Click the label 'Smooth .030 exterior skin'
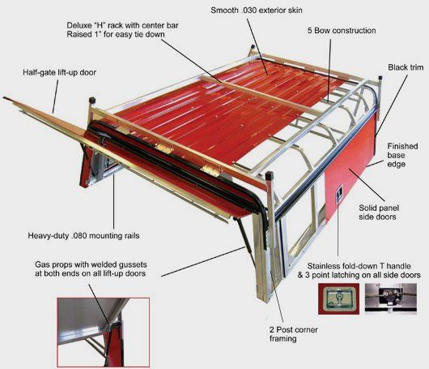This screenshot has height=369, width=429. (x=257, y=11)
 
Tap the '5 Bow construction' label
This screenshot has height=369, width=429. (x=342, y=31)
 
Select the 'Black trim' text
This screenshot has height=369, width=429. (x=406, y=67)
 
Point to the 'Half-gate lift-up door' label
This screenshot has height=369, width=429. (x=59, y=73)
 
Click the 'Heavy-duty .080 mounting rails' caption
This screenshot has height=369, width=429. (x=83, y=235)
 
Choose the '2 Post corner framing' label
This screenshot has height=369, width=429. (x=293, y=334)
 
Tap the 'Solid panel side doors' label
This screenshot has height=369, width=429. (x=379, y=212)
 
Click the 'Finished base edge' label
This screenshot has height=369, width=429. (x=402, y=155)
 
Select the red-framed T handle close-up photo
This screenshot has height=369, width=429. (x=338, y=298)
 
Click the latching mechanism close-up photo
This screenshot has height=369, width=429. (x=391, y=298)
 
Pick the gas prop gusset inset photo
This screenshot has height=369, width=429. (x=104, y=333)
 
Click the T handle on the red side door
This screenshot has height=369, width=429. (x=339, y=192)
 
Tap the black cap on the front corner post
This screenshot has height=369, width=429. (x=270, y=176)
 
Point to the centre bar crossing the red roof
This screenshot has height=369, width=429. (x=262, y=96)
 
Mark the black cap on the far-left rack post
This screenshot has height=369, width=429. (x=92, y=100)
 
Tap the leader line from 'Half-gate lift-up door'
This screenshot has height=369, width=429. (x=56, y=97)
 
